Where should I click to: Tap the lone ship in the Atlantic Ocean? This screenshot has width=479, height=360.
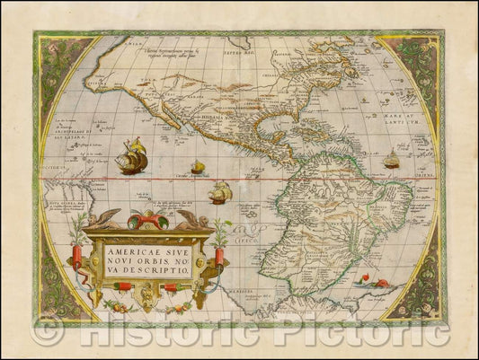pos(392,160)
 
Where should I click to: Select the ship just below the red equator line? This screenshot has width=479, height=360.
pos(220,191)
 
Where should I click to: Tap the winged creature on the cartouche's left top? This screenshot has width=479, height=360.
pos(107,218)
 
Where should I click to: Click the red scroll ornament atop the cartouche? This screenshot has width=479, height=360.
pos(148,220)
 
